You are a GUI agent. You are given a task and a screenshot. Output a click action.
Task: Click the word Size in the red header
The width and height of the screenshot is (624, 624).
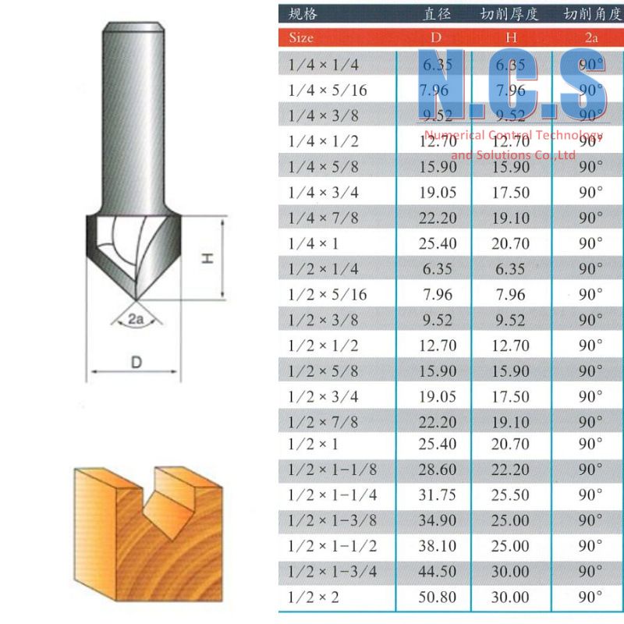(301, 37)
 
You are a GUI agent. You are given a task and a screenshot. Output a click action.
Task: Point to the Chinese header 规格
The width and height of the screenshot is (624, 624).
(303, 13)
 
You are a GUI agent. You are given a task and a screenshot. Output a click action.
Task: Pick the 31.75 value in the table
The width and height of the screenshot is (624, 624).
(437, 495)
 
